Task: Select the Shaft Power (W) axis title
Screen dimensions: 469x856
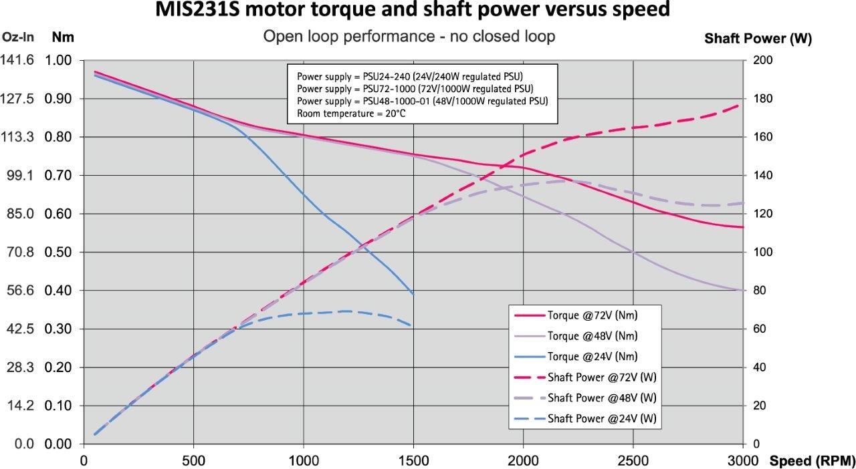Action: coord(758,39)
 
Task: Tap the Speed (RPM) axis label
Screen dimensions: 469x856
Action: coord(812,460)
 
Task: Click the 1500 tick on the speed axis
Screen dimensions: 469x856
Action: coord(413,460)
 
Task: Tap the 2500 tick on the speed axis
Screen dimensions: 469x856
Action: coord(633,460)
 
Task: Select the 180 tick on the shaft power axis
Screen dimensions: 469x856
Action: coord(764,99)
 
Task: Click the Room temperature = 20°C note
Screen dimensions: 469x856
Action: coord(351,114)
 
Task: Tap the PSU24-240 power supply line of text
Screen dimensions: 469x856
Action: coord(409,75)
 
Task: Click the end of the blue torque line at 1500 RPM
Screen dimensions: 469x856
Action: coord(413,294)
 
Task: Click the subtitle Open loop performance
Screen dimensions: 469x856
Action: coord(409,36)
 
